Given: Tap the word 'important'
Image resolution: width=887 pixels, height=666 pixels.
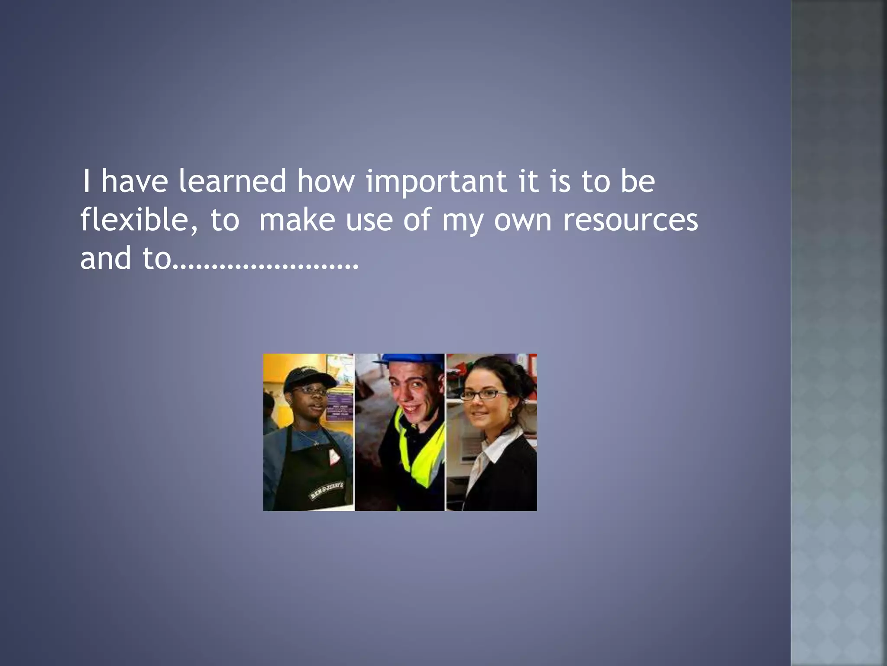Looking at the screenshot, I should point(436,182).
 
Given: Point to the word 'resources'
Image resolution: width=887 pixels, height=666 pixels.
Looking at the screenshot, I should point(630,220).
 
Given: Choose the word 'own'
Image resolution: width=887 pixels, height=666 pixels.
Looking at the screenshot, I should point(523,220).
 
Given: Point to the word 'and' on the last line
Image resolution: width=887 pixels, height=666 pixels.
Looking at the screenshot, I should point(105,258).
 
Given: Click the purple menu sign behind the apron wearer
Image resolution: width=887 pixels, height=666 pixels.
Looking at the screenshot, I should point(339,405).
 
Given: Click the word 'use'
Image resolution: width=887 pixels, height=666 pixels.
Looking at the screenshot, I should point(369,220).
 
